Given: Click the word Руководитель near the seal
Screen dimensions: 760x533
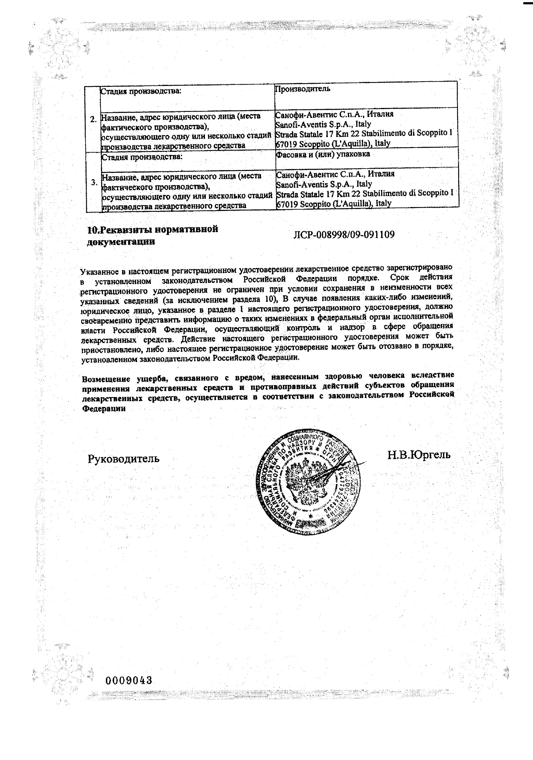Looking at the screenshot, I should click(124, 459).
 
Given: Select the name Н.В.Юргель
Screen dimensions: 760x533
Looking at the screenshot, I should click(419, 455).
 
